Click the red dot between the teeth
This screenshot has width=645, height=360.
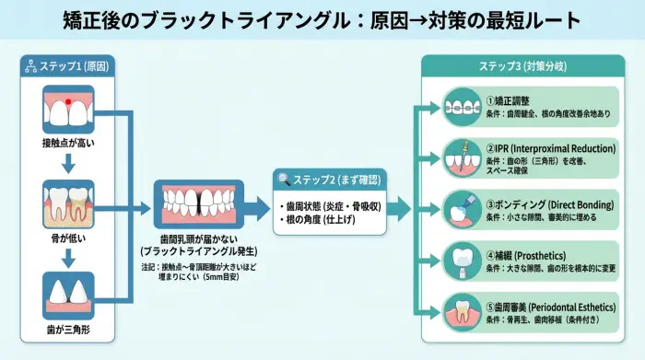pyautogui.click(x=68, y=99)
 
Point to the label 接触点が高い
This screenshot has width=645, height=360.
pyautogui.click(x=68, y=143)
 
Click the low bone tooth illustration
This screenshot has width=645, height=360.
pyautogui.click(x=68, y=203)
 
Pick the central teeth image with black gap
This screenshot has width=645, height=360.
pyautogui.click(x=198, y=203)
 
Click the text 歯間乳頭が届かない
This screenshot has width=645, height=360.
pyautogui.click(x=198, y=238)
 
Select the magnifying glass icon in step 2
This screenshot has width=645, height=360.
pyautogui.click(x=284, y=179)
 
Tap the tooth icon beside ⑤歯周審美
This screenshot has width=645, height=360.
pyautogui.click(x=460, y=308)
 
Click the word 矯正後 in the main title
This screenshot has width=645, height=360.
pyautogui.click(x=93, y=19)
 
